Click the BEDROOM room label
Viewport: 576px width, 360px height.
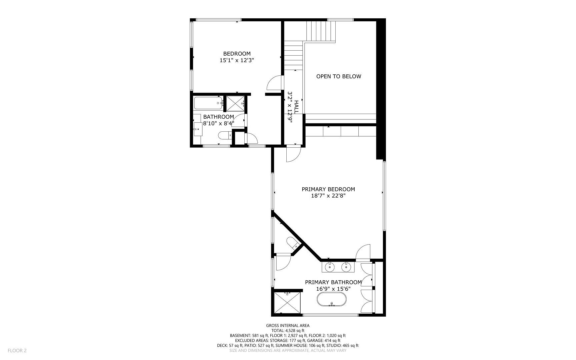tap(237, 54)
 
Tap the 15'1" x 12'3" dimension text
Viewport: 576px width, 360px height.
tap(237, 60)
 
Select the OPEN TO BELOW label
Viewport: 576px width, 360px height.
tap(339, 76)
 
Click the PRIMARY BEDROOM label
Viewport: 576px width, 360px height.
tap(328, 189)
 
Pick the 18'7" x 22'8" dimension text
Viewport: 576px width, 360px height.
tap(328, 196)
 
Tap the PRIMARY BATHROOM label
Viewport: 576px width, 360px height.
tap(333, 282)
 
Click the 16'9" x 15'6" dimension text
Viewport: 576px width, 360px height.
tap(333, 289)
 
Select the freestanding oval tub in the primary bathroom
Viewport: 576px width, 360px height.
tap(331, 300)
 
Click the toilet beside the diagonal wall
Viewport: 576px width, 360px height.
tap(292, 243)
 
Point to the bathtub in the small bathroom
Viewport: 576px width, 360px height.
tap(208, 103)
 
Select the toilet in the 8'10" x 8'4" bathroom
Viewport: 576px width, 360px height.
tap(225, 135)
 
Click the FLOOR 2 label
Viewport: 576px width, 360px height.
tap(17, 350)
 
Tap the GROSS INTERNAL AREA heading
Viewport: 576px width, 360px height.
tap(288, 325)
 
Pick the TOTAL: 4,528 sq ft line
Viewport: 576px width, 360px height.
tap(288, 331)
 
